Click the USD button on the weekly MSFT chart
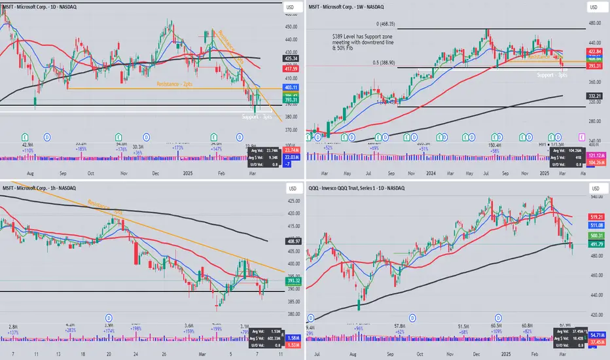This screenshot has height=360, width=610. (595, 7)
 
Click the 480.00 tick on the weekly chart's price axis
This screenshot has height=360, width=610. (595, 24)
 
